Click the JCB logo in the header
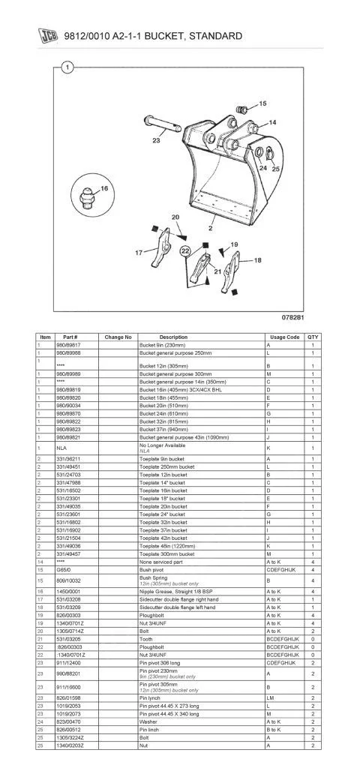[49, 35]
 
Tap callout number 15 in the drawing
[262, 103]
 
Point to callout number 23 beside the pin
[156, 139]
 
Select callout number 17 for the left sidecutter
[139, 253]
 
